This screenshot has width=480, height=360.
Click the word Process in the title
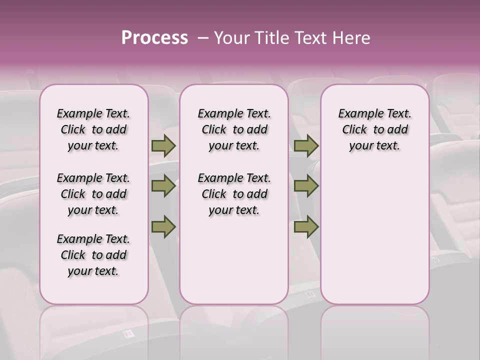154,38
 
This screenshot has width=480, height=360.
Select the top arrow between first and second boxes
163,146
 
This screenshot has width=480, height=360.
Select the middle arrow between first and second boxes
163,186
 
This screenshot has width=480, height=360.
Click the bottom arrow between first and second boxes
163,226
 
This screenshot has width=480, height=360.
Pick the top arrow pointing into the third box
306,146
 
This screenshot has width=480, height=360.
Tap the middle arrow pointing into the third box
306,186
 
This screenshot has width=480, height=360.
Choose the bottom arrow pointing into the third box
306,226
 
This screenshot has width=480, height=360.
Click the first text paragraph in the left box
93,129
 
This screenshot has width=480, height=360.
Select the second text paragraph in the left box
93,194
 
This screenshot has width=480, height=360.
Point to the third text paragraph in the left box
93,255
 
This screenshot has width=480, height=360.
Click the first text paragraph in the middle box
234,129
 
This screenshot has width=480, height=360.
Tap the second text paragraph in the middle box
234,194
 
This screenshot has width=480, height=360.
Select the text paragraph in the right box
375,129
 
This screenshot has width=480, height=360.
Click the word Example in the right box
356,114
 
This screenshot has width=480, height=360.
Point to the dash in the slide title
203,38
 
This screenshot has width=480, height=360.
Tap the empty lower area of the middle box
234,260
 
